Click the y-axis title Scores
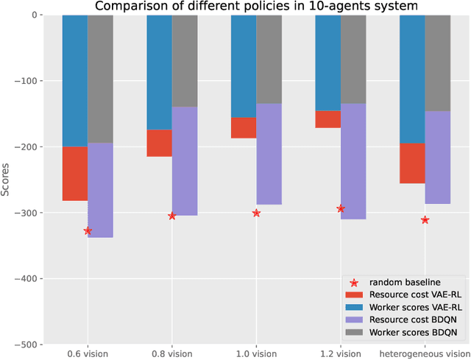coord(6,180)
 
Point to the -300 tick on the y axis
coord(29,213)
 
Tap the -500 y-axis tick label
coord(29,345)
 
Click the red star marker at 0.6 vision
coord(88,231)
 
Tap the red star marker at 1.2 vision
coord(341,209)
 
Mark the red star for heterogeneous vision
coord(425,220)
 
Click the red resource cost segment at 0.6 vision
coord(75,174)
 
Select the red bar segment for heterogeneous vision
coord(412,163)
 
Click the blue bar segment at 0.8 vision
coord(159,72)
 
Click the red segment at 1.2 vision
coord(327,119)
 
